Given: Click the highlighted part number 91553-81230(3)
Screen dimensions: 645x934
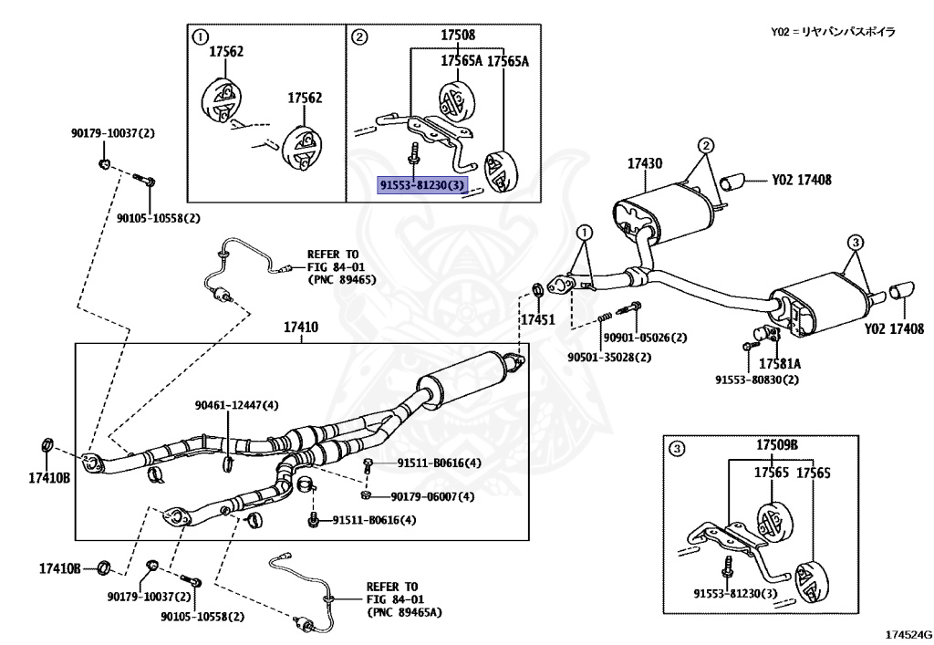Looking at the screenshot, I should pyautogui.click(x=423, y=186).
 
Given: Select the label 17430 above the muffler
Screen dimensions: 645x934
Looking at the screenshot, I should pyautogui.click(x=644, y=164).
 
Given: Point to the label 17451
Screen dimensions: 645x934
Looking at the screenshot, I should pyautogui.click(x=537, y=320).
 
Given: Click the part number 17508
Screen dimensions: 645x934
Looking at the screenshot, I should pyautogui.click(x=458, y=36).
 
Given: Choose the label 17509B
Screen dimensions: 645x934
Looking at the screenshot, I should pyautogui.click(x=776, y=445).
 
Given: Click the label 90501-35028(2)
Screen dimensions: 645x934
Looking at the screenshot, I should pyautogui.click(x=609, y=357).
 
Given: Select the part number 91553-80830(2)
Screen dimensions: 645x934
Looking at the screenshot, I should pyautogui.click(x=756, y=380).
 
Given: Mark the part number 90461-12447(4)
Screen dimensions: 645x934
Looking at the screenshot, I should pyautogui.click(x=236, y=405).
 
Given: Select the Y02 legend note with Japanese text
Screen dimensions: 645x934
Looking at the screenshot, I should pyautogui.click(x=833, y=32).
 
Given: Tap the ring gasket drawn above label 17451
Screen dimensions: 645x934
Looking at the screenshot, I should pyautogui.click(x=537, y=291).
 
